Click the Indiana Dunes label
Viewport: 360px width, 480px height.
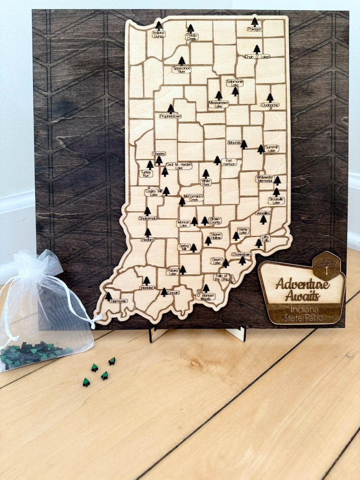(x=159, y=34)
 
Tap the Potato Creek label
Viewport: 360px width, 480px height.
(x=191, y=37)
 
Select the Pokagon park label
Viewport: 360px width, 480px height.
(x=254, y=29)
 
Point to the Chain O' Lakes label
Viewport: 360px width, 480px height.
(x=257, y=57)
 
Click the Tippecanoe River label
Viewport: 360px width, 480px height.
(x=181, y=69)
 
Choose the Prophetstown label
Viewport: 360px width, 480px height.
(x=170, y=116)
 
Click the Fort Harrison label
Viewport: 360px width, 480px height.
(x=229, y=162)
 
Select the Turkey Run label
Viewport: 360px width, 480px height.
(x=146, y=173)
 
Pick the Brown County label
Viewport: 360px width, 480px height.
(x=215, y=221)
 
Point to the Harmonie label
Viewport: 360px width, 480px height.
(x=118, y=301)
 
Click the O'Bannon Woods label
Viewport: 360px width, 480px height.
(x=205, y=297)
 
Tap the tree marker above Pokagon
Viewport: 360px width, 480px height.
(x=254, y=22)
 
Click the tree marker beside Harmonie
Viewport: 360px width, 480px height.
(x=108, y=296)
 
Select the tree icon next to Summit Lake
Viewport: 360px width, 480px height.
(x=261, y=149)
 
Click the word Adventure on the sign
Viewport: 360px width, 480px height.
(x=302, y=285)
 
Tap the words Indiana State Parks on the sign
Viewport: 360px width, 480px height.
(x=304, y=314)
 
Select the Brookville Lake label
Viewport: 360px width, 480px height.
(x=276, y=200)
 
